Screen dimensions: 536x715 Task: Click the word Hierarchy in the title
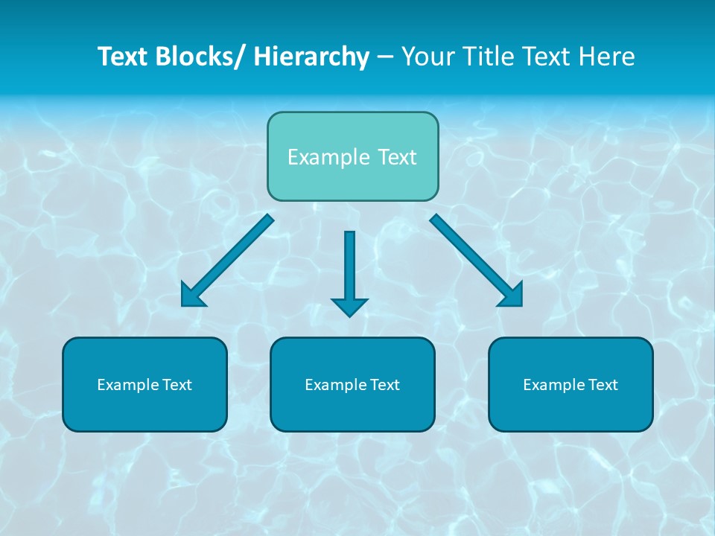(x=311, y=57)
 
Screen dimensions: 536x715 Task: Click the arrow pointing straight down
(x=349, y=268)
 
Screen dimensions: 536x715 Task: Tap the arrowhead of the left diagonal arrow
(x=192, y=296)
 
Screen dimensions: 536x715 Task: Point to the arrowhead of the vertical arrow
(x=349, y=306)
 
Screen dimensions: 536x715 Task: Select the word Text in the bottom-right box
(x=603, y=385)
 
